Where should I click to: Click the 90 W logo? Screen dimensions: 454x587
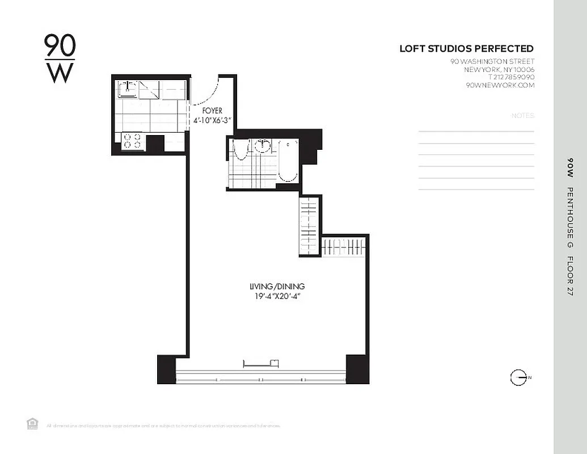[60, 58]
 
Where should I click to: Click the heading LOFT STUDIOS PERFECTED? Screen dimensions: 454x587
[466, 49]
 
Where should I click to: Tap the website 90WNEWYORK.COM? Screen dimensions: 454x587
[500, 85]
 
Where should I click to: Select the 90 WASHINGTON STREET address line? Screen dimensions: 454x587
[492, 61]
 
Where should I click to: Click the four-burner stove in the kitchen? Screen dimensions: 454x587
[132, 141]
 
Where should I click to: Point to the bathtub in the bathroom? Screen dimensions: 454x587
[288, 161]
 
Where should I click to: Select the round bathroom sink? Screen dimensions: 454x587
[262, 145]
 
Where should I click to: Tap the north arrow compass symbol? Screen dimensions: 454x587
[518, 377]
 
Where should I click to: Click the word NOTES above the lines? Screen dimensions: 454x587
[522, 116]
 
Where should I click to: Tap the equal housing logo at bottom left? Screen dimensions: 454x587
[32, 423]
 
